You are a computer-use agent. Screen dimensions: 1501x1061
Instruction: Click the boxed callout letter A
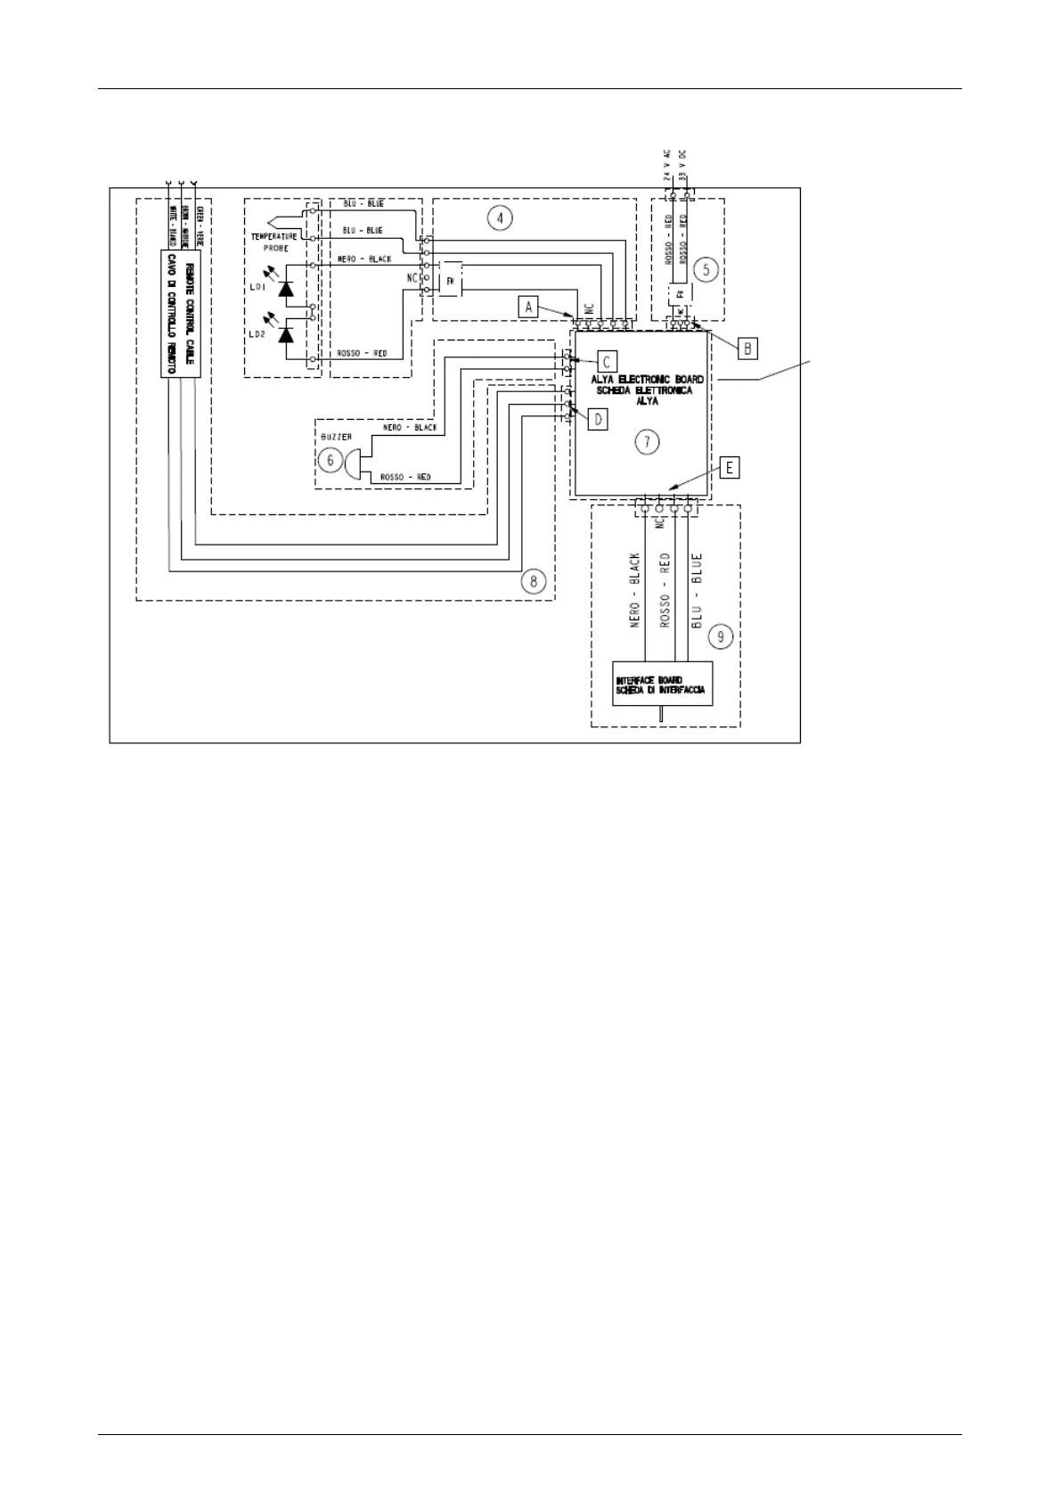coord(529,307)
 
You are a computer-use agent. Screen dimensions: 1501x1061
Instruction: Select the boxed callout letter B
coord(747,347)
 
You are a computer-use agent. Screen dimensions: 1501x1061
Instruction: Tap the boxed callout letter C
coord(606,361)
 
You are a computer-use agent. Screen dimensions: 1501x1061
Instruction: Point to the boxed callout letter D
coord(598,418)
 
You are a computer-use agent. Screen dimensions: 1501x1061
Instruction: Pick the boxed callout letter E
coord(730,468)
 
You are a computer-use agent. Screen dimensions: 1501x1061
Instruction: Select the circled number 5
coord(705,268)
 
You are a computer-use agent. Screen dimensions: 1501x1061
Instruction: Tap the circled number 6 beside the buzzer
coord(331,461)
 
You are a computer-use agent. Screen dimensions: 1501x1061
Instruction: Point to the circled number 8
coord(533,581)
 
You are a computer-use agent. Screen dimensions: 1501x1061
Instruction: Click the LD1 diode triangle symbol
coord(287,289)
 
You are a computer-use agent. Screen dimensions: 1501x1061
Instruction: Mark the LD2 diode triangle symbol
coord(287,334)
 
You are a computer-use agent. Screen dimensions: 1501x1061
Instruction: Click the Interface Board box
coord(663,685)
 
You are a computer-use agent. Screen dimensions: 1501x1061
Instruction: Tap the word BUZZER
coord(336,438)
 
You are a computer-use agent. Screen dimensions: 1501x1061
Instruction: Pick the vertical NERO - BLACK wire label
coord(636,592)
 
